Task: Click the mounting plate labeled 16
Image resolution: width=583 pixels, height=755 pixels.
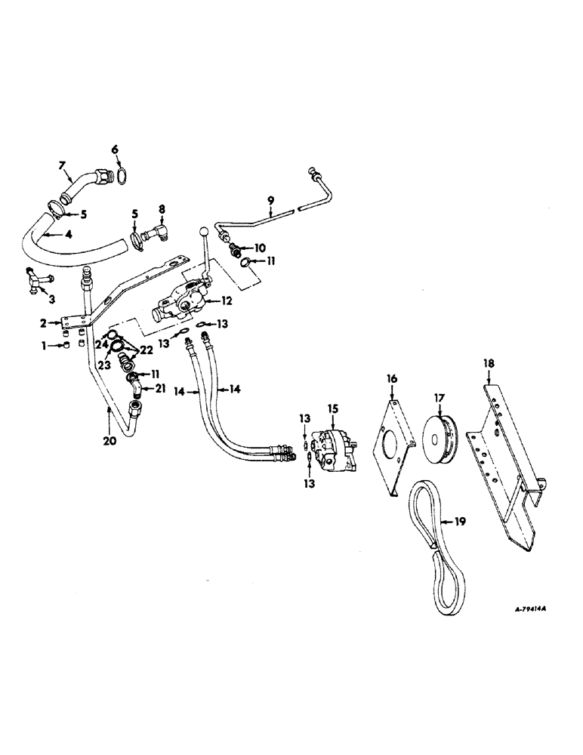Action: (392, 446)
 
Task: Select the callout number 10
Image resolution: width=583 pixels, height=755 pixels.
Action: (260, 248)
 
